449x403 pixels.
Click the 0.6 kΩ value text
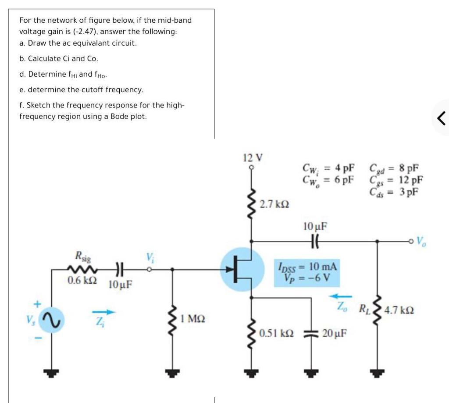[82, 280]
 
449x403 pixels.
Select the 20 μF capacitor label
[335, 333]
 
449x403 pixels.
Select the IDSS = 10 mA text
[306, 266]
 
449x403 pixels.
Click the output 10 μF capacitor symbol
[315, 240]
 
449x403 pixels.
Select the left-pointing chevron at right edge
[442, 118]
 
